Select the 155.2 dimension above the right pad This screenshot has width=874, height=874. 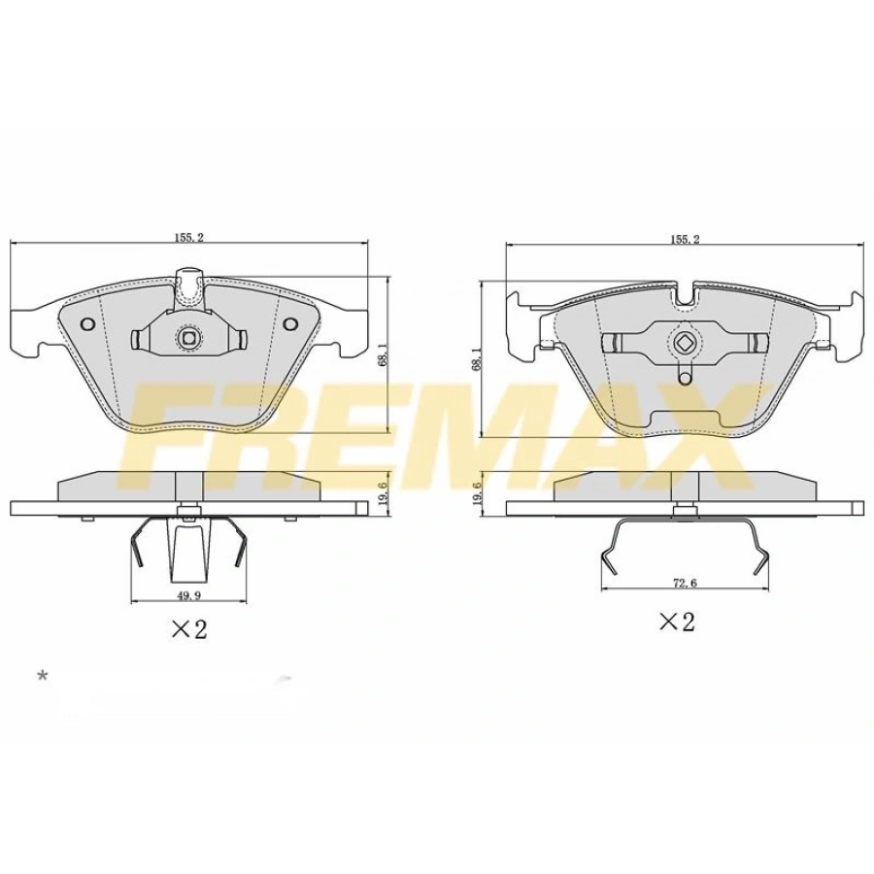[x=684, y=239]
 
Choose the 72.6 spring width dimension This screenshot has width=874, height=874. [x=685, y=584]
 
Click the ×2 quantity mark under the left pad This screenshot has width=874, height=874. [x=189, y=629]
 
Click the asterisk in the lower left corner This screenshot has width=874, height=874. [x=42, y=675]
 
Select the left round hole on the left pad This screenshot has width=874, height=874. [x=86, y=324]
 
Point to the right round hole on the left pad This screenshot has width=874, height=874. [x=289, y=324]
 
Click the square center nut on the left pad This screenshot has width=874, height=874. [x=188, y=338]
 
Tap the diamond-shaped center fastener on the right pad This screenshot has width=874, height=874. [x=685, y=343]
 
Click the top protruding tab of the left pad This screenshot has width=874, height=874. [x=188, y=285]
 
